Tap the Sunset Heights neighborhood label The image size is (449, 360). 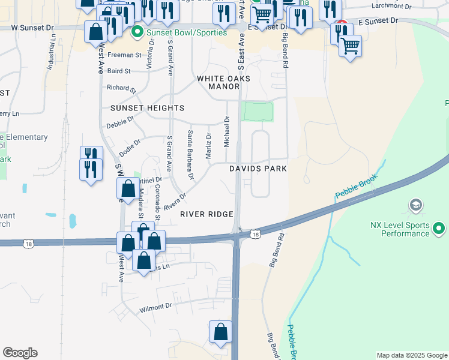tap(147, 108)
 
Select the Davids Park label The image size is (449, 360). tap(258, 169)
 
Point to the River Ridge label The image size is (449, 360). tap(206, 214)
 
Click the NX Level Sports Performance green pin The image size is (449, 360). tap(439, 229)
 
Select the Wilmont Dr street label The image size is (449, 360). tap(155, 306)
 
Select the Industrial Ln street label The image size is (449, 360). tap(52, 52)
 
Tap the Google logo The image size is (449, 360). tap(20, 353)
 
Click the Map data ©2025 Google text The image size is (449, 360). tap(412, 355)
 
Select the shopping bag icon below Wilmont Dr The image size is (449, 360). tap(221, 332)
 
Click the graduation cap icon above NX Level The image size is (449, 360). tap(415, 206)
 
